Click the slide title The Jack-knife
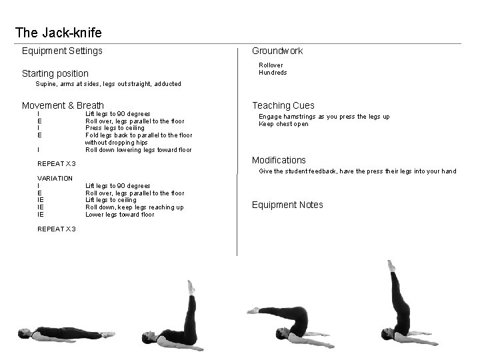coord(58,32)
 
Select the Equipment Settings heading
coord(62,51)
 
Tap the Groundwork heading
coord(277,51)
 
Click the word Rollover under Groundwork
coord(271,65)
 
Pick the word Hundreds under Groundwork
coord(273,73)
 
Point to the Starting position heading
coord(55,73)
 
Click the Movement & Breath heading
coord(63,105)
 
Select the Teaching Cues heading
coord(283,105)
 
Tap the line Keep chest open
coord(283,124)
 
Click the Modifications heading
coord(279,160)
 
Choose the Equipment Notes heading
coord(287,205)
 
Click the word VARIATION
coord(55,179)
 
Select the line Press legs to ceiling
coord(115,128)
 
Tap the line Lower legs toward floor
coord(119,215)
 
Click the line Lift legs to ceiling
coord(111,200)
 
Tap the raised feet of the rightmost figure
coord(391,266)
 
